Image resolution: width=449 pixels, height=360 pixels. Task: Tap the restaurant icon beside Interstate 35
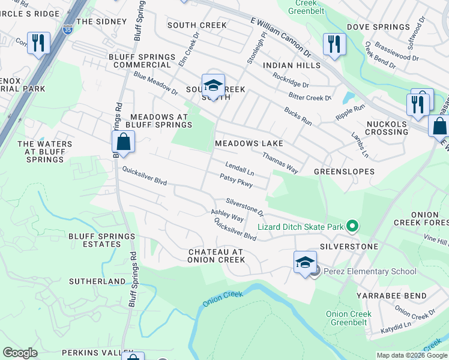[x=38, y=43]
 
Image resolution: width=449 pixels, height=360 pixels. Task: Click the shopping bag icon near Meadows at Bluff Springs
[x=123, y=142]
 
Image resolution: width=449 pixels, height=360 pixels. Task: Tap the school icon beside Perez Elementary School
[x=305, y=262]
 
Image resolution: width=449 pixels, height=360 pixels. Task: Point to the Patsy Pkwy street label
[x=236, y=180]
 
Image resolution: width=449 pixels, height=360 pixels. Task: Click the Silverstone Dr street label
[x=245, y=208]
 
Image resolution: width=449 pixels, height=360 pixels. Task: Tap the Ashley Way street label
[x=227, y=215]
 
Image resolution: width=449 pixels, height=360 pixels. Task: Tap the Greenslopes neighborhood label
[x=344, y=172]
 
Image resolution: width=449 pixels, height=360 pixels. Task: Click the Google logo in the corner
[x=20, y=353]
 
